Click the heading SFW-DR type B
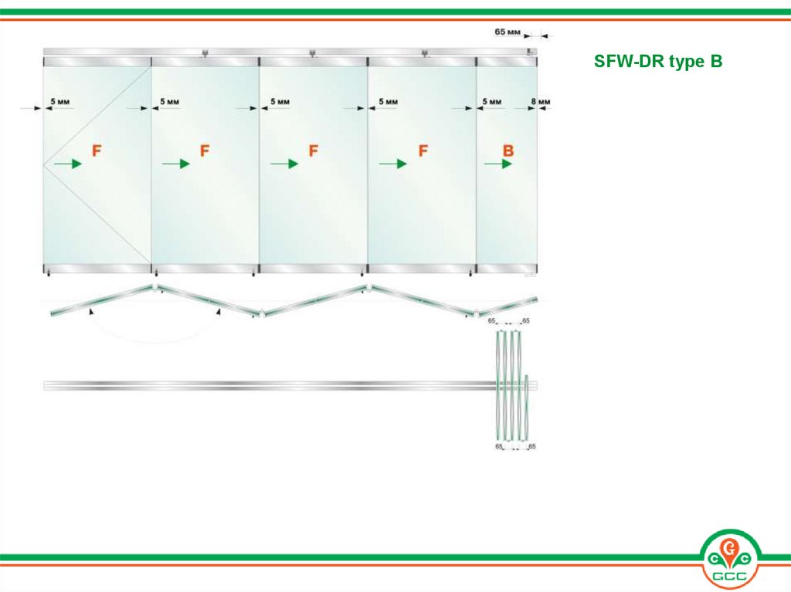(x=658, y=62)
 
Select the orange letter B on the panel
(x=508, y=151)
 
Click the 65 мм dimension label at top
(x=507, y=32)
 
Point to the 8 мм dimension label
(x=540, y=101)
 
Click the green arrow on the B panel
(x=498, y=164)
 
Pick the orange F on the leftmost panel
(x=97, y=151)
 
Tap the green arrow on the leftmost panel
(x=68, y=164)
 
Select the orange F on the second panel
(x=204, y=151)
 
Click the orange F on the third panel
(x=314, y=151)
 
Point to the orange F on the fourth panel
(x=423, y=151)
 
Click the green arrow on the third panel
(x=284, y=164)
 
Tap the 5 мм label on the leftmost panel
(x=60, y=101)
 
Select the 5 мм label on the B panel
(x=492, y=101)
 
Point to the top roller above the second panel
(x=205, y=53)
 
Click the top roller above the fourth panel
(x=424, y=53)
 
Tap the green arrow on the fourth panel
(x=393, y=164)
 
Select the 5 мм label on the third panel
(x=280, y=101)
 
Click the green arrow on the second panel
(x=176, y=164)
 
